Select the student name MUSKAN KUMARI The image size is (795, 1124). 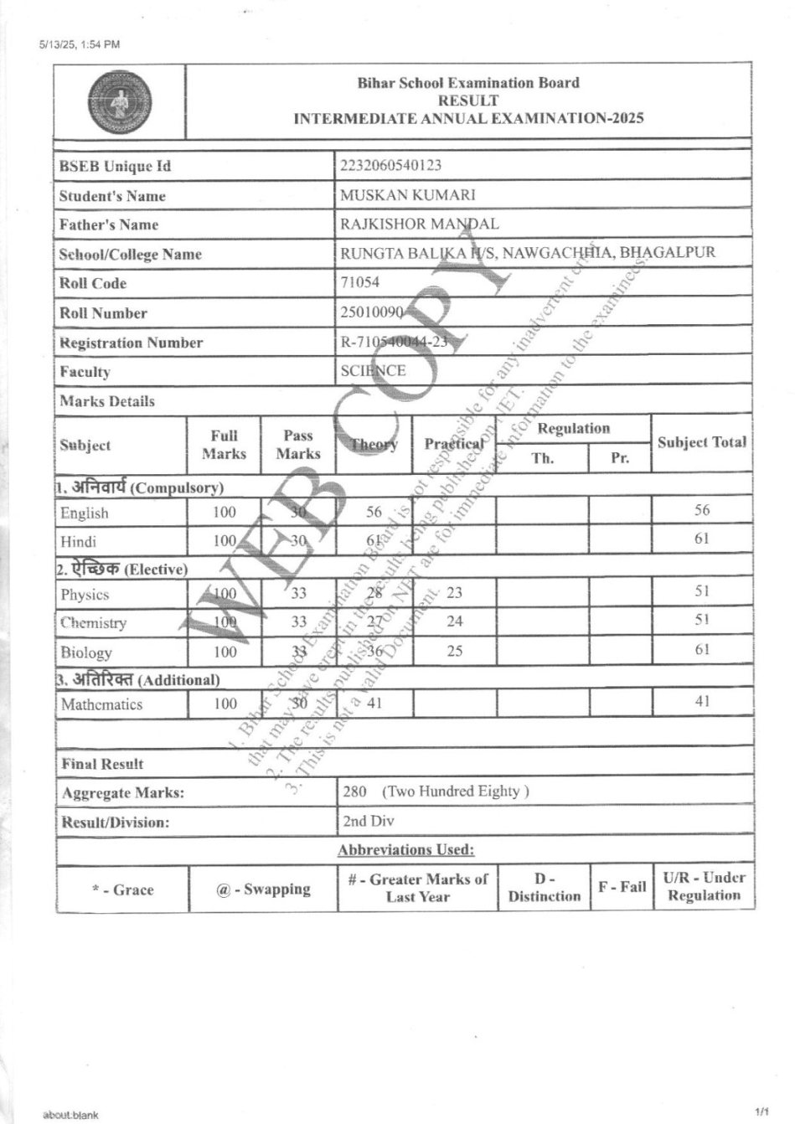click(x=407, y=195)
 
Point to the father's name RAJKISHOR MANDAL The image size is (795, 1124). click(x=419, y=224)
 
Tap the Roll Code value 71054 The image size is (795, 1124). click(x=359, y=282)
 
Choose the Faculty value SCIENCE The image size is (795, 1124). click(x=373, y=370)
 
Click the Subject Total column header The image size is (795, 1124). click(x=701, y=442)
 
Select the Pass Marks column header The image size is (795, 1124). click(x=298, y=444)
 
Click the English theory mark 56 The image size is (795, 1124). click(x=374, y=512)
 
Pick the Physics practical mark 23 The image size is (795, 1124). click(x=454, y=593)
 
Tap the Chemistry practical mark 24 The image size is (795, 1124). click(x=454, y=621)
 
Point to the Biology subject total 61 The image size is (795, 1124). click(x=702, y=649)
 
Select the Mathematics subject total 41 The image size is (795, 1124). click(x=702, y=702)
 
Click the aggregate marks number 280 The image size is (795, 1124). click(x=355, y=791)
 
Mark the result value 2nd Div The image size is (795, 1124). click(x=368, y=821)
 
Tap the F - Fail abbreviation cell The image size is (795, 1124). click(x=622, y=887)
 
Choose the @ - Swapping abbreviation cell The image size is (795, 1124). click(x=263, y=889)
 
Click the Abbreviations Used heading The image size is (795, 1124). click(x=406, y=850)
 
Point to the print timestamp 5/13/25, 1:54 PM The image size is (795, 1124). click(x=80, y=44)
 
